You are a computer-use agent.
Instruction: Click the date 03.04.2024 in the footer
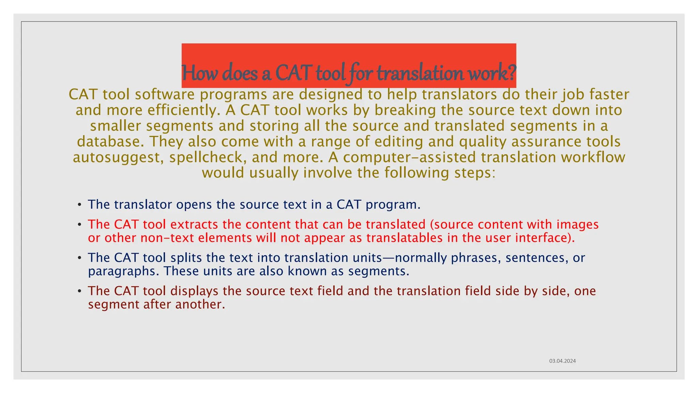pyautogui.click(x=562, y=361)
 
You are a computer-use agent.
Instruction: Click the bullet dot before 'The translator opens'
pyautogui.click(x=79, y=205)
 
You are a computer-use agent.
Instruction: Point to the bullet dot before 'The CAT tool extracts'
pyautogui.click(x=79, y=225)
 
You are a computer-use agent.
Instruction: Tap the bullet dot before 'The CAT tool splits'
pyautogui.click(x=79, y=258)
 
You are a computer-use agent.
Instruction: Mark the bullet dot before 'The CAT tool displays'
pyautogui.click(x=79, y=291)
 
